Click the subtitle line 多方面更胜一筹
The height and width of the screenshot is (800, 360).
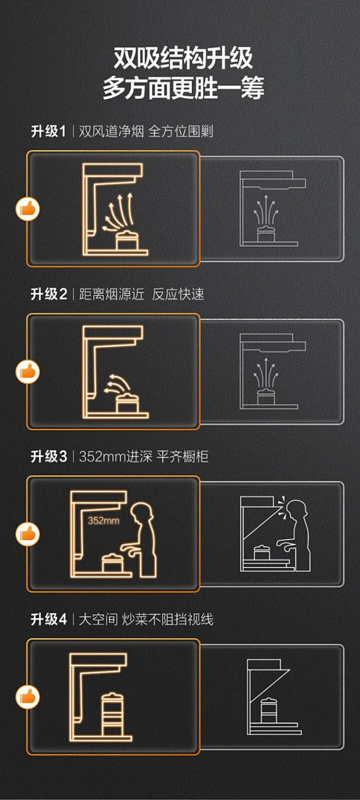[x=183, y=88]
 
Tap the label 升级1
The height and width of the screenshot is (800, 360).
[x=48, y=132]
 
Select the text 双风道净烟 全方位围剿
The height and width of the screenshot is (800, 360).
[x=146, y=132]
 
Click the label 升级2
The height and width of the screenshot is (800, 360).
[x=48, y=294]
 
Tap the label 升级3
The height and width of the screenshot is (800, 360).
[x=48, y=457]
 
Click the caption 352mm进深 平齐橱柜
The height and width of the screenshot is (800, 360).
[x=143, y=457]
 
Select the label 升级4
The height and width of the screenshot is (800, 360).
[x=48, y=619]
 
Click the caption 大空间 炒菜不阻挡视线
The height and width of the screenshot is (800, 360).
[x=146, y=619]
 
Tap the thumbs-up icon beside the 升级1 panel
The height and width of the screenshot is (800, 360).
[x=27, y=208]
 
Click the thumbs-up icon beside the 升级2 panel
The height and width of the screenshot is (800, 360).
[x=27, y=372]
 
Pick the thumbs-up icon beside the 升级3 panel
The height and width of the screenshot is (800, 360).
[x=27, y=534]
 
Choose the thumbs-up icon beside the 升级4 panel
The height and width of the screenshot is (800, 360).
[x=27, y=697]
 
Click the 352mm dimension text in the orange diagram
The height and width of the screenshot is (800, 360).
[x=103, y=520]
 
